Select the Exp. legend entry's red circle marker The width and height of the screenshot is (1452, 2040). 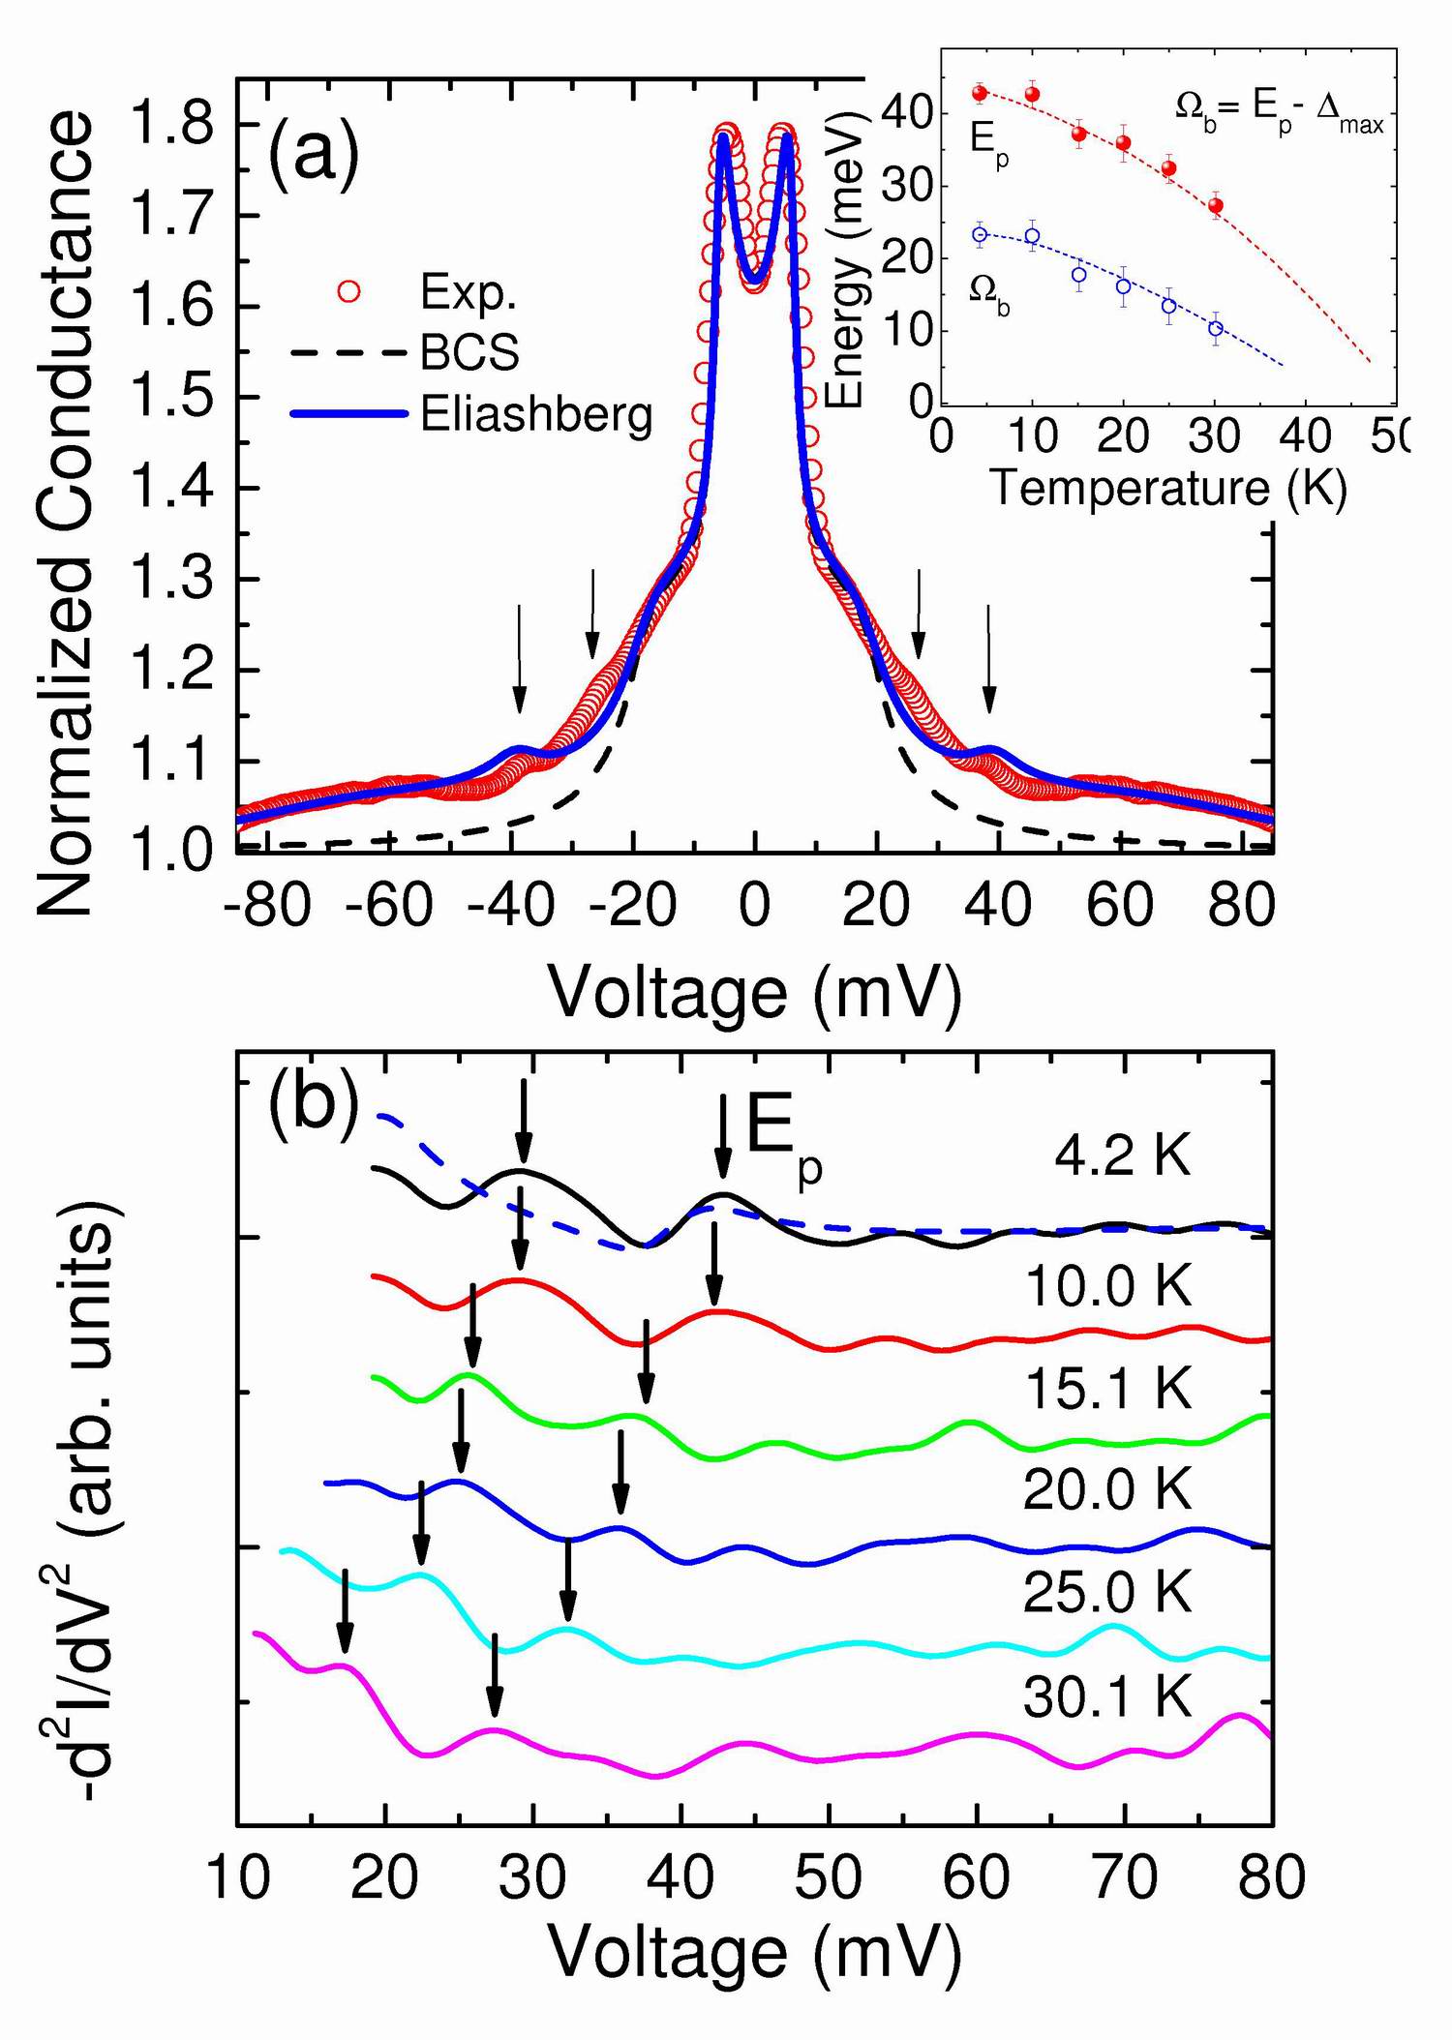click(x=348, y=290)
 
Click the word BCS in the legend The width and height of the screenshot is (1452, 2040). click(x=469, y=352)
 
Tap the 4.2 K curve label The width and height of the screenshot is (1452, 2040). click(x=1122, y=1155)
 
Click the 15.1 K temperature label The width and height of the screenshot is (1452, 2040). click(x=1107, y=1388)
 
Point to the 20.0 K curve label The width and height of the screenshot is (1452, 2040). click(x=1107, y=1489)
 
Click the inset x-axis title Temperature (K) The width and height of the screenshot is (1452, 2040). click(x=1168, y=488)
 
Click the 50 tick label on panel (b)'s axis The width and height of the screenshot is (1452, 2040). click(x=830, y=1878)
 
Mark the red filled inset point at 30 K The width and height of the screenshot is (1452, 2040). click(x=1216, y=205)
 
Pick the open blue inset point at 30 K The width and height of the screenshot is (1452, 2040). click(x=1216, y=328)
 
